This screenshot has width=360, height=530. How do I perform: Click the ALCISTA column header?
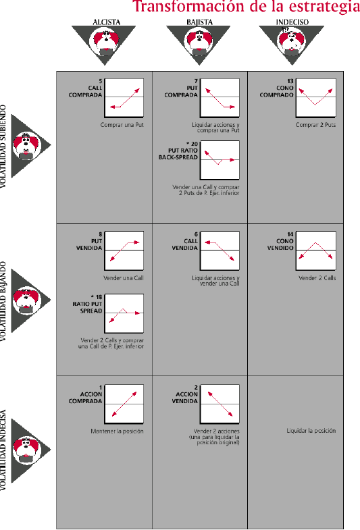tap(107, 22)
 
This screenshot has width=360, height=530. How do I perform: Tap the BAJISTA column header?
tap(199, 22)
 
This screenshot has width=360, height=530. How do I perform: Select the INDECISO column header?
tap(292, 22)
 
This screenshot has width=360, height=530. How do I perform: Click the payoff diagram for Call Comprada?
tap(124, 98)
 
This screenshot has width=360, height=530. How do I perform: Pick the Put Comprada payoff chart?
tap(220, 98)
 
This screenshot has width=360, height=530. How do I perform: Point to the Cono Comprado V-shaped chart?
tap(315, 98)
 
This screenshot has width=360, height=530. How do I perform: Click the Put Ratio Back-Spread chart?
tap(220, 160)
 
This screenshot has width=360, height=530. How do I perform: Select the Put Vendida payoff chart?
tap(124, 250)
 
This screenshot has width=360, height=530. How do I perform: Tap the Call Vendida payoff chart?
tap(220, 250)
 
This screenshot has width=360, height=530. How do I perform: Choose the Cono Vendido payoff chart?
tap(315, 250)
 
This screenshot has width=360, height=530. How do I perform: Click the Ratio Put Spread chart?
tap(124, 313)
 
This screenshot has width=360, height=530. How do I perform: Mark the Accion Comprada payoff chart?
tap(124, 404)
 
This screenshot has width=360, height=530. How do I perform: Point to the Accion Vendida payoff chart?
tap(220, 404)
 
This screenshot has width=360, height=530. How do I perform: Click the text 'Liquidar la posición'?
tap(311, 431)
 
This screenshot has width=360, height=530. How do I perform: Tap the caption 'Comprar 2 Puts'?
tap(315, 125)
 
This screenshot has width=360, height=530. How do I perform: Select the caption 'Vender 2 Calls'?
tap(317, 278)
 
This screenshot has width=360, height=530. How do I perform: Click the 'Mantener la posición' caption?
tap(117, 431)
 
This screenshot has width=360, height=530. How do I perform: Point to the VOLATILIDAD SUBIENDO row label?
tap(3, 147)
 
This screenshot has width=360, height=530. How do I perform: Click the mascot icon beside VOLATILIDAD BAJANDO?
tap(27, 300)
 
